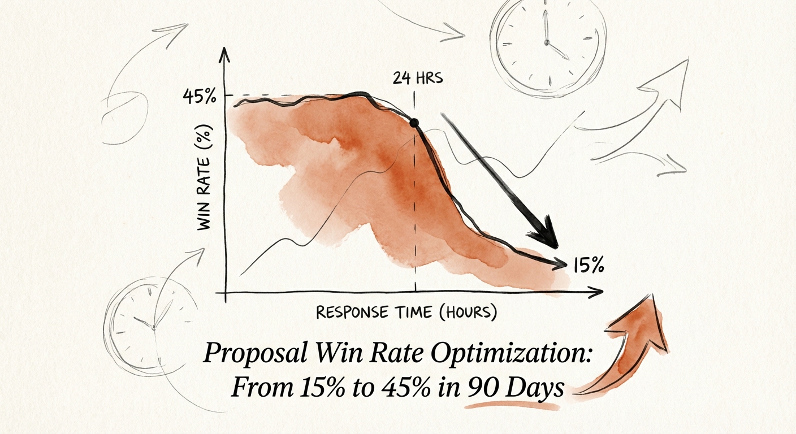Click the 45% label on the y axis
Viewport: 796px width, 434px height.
pos(200,97)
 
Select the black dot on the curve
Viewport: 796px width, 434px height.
pos(414,122)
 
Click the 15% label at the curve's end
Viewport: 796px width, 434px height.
pos(589,264)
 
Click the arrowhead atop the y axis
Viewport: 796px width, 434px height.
pos(226,54)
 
